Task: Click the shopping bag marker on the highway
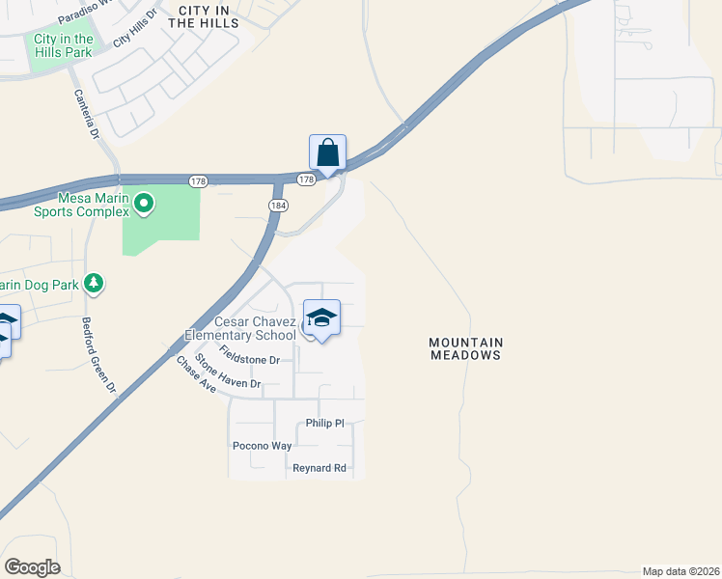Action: [x=328, y=153]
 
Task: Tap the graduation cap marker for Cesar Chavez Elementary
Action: [x=321, y=317]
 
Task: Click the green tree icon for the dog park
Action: [x=94, y=283]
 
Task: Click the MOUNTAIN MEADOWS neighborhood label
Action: [x=466, y=348]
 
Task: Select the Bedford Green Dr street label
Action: [x=98, y=355]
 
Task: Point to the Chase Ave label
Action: [x=195, y=373]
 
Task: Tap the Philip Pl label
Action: [x=324, y=423]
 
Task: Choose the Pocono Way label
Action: [x=262, y=446]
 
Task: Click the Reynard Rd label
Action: [x=319, y=468]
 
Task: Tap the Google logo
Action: [x=32, y=567]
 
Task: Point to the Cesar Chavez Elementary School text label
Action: [x=255, y=328]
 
